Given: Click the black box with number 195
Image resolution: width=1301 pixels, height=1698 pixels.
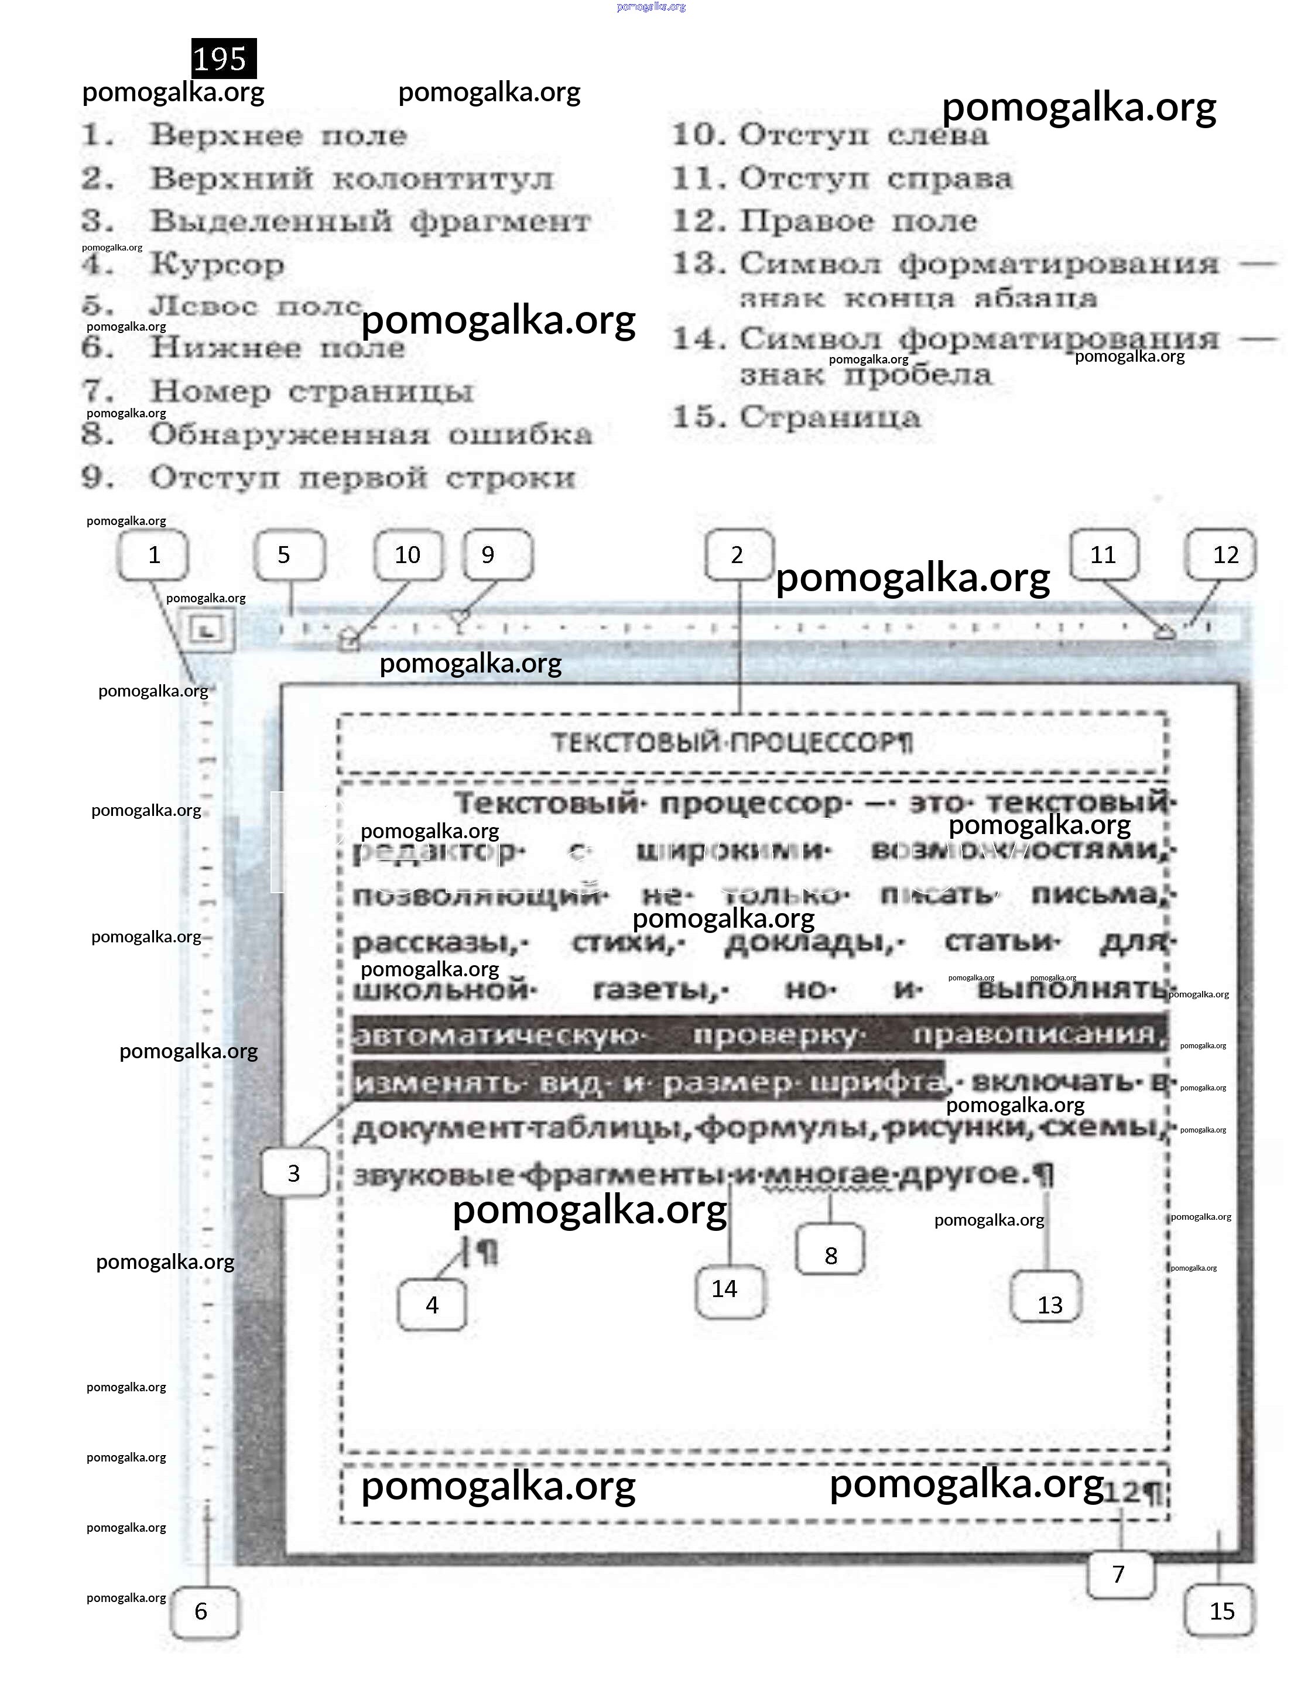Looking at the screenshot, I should (223, 59).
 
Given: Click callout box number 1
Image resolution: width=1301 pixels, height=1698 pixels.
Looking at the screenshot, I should (153, 555).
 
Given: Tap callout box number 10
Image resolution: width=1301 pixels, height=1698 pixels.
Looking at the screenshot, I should (408, 555).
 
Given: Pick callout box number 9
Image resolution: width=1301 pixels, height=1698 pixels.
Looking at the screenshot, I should (497, 555).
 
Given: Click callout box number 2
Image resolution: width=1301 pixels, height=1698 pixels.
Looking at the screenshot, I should (739, 555).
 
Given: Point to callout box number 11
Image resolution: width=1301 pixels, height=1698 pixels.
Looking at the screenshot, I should (1104, 555).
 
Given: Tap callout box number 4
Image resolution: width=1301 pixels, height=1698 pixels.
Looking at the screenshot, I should (432, 1305).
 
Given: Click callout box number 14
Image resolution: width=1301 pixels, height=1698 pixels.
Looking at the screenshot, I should (729, 1289).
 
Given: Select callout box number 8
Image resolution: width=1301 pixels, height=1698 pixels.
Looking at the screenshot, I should (830, 1256).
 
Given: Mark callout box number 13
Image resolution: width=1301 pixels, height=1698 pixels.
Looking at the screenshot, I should (1047, 1305).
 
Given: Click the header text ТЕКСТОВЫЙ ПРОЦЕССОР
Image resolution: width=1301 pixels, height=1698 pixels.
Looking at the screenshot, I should (731, 743).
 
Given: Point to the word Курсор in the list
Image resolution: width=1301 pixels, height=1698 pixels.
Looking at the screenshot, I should (217, 265).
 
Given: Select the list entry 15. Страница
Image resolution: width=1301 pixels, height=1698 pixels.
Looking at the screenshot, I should (797, 418).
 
